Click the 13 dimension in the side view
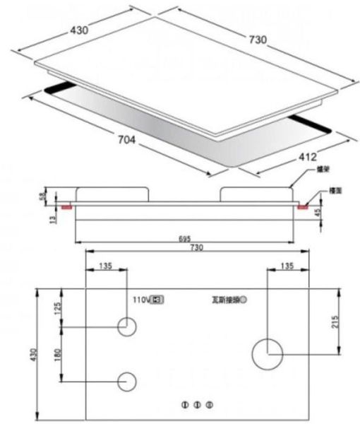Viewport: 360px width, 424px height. (41, 220)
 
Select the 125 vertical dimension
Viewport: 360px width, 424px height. (58, 308)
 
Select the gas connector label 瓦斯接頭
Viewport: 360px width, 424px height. (224, 300)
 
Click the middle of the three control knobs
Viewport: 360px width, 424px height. (198, 405)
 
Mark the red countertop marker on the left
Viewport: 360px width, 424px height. (66, 208)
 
